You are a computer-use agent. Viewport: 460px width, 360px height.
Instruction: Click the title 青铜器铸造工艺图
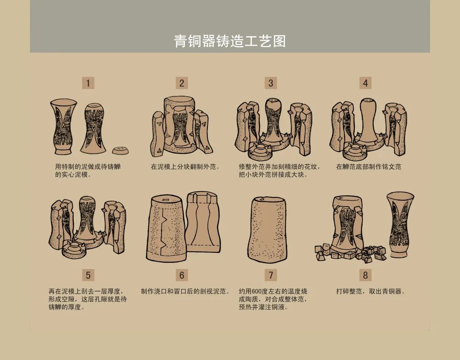click(x=230, y=41)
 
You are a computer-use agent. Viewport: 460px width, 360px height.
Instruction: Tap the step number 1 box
click(x=88, y=83)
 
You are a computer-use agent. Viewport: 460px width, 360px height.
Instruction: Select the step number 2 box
click(x=181, y=83)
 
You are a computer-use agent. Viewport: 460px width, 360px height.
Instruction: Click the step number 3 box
click(x=270, y=83)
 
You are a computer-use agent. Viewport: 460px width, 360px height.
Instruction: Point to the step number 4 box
click(x=365, y=83)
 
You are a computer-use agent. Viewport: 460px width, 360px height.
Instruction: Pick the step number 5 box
click(x=88, y=275)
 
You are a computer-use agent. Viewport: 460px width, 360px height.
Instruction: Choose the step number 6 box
click(x=181, y=275)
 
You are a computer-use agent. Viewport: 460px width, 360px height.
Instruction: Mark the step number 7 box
click(x=270, y=275)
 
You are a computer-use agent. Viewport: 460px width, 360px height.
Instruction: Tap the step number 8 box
click(x=365, y=275)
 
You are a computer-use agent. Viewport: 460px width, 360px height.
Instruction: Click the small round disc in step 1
click(x=121, y=150)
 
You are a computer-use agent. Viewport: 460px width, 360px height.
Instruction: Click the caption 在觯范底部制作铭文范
click(x=368, y=167)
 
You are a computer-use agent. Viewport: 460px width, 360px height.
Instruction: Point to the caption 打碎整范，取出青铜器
click(x=370, y=291)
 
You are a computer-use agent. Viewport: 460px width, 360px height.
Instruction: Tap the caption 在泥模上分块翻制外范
click(x=185, y=167)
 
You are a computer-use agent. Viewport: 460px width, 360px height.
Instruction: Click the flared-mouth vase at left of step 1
click(x=63, y=127)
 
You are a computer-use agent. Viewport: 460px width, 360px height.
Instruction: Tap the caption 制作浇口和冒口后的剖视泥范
click(x=185, y=291)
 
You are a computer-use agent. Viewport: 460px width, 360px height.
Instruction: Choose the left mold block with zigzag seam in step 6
click(x=165, y=229)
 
